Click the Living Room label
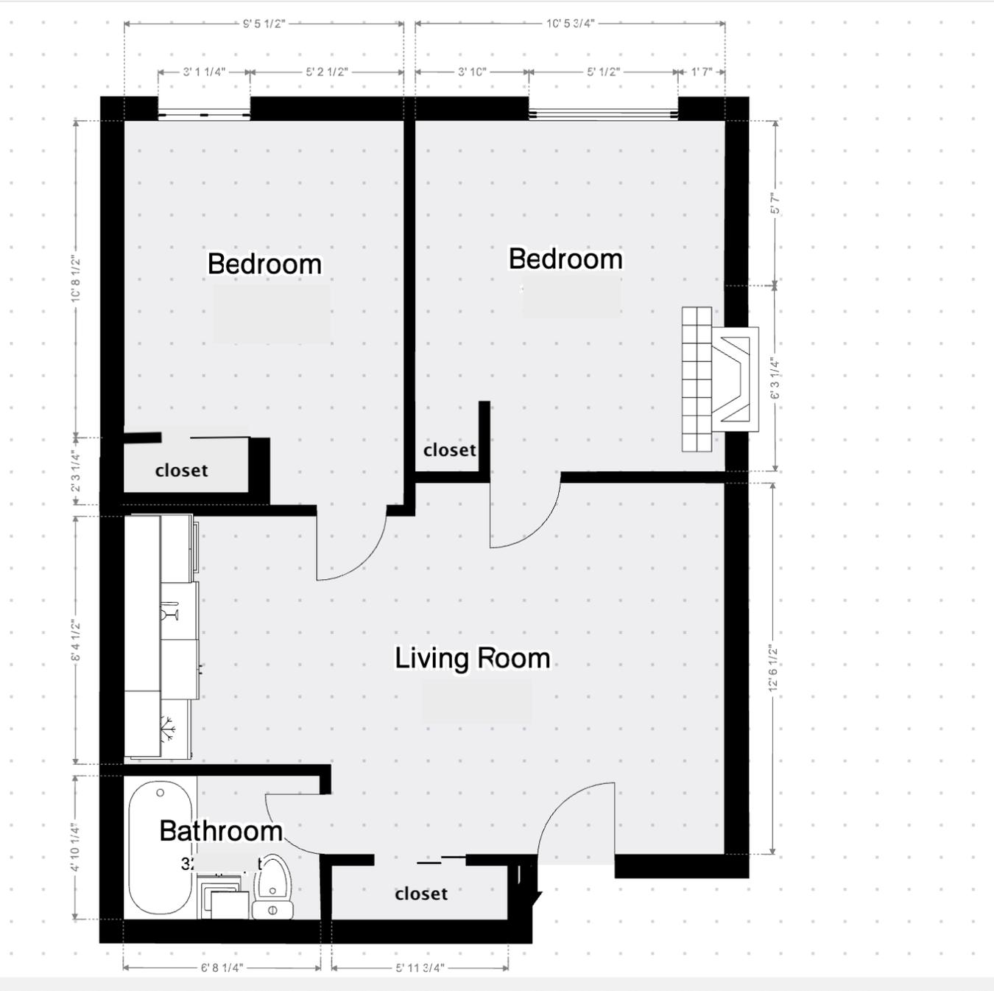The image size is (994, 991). pyautogui.click(x=472, y=658)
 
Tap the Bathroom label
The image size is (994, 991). pyautogui.click(x=221, y=831)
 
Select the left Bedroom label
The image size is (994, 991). pyautogui.click(x=264, y=264)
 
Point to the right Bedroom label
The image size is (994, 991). pyautogui.click(x=565, y=259)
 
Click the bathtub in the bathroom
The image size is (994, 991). pyautogui.click(x=161, y=847)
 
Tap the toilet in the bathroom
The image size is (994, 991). pyautogui.click(x=273, y=888)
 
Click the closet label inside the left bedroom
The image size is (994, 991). pyautogui.click(x=181, y=470)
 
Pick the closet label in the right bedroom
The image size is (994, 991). pyautogui.click(x=449, y=449)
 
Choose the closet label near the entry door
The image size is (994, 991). pyautogui.click(x=421, y=894)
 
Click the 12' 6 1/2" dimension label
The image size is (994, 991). pyautogui.click(x=772, y=668)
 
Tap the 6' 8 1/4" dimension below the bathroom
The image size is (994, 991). pyautogui.click(x=222, y=967)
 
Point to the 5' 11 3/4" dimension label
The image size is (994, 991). pyautogui.click(x=420, y=967)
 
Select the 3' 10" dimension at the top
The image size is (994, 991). pyautogui.click(x=472, y=72)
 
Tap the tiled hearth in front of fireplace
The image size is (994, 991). pyautogui.click(x=697, y=379)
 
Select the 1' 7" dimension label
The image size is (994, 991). pyautogui.click(x=702, y=72)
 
